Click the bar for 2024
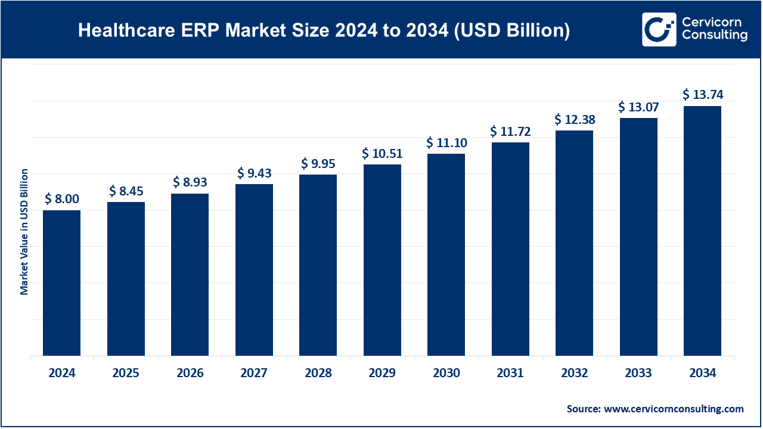61,283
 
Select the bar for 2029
382,260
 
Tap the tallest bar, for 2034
702,231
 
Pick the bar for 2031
510,249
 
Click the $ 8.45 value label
126,191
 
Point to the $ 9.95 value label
318,163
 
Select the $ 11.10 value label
446,143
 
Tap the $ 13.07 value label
638,107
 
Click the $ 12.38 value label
575,119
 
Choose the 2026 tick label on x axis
190,374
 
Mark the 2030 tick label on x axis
446,374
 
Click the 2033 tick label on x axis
638,374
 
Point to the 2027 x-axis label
254,374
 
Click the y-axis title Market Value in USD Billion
24,232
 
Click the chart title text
324,31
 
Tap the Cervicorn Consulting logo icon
659,29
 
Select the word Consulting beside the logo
715,36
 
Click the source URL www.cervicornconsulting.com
674,409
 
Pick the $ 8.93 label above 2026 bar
190,182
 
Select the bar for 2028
318,265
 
